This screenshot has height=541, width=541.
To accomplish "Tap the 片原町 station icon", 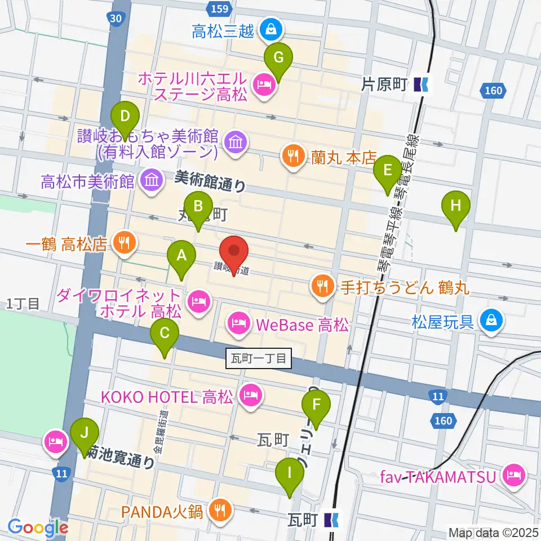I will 420,85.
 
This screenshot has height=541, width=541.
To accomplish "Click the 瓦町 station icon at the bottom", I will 332,518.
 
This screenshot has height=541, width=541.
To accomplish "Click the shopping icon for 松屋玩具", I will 491,322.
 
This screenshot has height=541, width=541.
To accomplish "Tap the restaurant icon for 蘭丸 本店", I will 292,155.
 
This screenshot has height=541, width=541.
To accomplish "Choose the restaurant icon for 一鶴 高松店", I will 123,243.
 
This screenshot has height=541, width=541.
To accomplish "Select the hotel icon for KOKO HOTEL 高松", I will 249,394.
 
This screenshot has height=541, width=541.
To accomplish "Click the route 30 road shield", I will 116,19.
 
